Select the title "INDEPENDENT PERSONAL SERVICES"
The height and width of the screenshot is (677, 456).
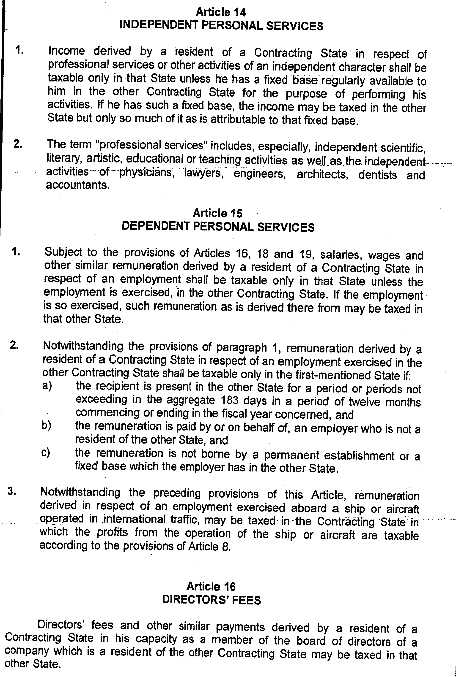(221, 26)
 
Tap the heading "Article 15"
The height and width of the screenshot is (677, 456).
(217, 213)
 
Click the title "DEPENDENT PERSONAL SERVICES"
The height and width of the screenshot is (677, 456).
(218, 227)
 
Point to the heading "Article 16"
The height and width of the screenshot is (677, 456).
(211, 586)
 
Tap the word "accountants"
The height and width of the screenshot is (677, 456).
(78, 185)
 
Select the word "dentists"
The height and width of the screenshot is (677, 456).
(377, 175)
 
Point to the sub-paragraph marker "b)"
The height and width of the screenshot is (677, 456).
(46, 425)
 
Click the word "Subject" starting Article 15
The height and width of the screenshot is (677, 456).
(63, 252)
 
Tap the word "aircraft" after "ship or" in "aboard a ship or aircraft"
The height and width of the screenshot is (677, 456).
(402, 509)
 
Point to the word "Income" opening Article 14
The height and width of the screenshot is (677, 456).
(67, 51)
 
